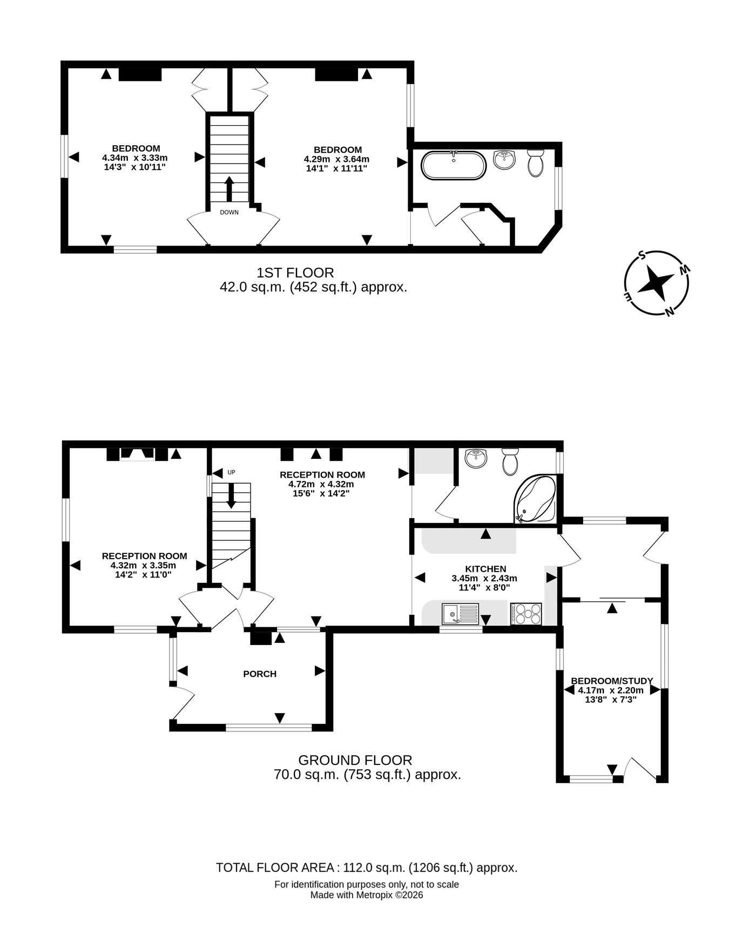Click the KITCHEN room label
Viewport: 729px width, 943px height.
[x=485, y=568]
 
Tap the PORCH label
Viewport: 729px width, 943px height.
[x=260, y=674]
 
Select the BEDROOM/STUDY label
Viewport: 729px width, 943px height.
[x=612, y=681]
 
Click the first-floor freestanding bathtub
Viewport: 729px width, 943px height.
[x=454, y=165]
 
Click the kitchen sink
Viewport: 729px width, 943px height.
[x=460, y=614]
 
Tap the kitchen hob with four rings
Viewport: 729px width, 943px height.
[x=525, y=614]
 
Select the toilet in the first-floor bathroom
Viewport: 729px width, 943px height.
[x=536, y=163]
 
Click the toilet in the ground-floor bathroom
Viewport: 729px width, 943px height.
[x=510, y=462]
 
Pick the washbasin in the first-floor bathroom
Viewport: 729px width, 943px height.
[x=504, y=160]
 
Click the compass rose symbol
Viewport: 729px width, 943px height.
[x=657, y=283]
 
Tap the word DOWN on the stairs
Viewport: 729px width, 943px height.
[x=229, y=212]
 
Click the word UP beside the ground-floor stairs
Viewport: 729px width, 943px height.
[x=231, y=472]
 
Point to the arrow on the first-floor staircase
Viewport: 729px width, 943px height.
[x=229, y=188]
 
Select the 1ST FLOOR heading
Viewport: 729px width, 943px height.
[x=295, y=273]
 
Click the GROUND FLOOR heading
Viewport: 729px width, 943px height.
[x=355, y=760]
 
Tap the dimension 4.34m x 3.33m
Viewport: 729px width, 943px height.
[x=135, y=158]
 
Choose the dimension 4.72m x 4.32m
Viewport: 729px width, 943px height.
[x=321, y=484]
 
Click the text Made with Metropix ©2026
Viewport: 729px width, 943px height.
[x=367, y=895]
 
